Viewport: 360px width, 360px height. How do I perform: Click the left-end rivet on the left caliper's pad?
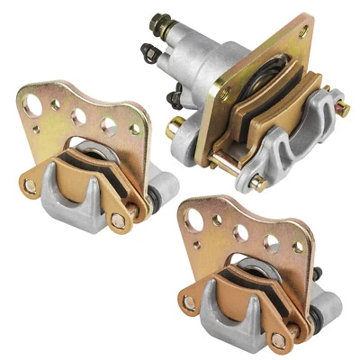(31, 186)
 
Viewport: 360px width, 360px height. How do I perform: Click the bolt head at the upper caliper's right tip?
(342, 107)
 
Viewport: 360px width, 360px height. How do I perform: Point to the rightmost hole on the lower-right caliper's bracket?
(298, 246)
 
